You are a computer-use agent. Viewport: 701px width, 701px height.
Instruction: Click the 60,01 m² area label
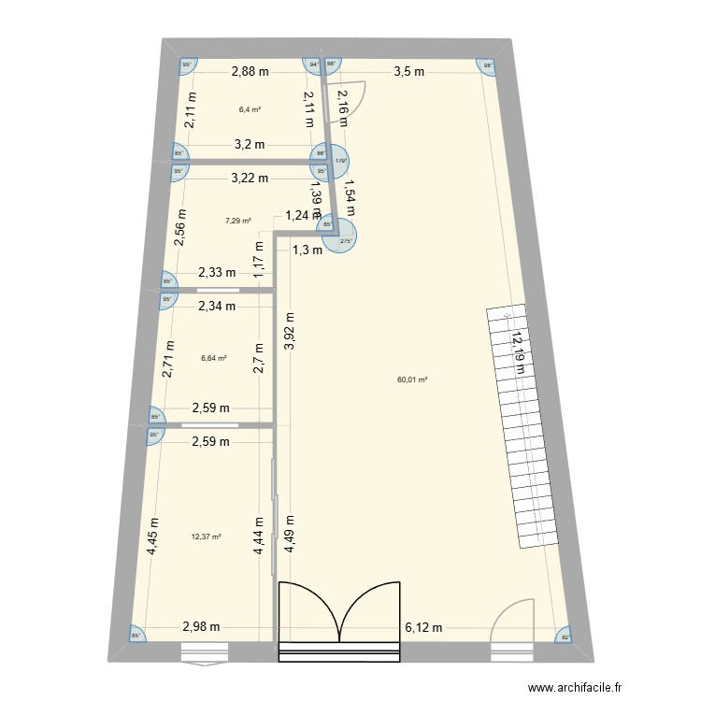(x=412, y=379)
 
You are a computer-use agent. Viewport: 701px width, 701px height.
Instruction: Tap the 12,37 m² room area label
(x=206, y=536)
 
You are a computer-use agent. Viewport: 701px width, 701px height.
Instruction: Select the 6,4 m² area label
(x=250, y=109)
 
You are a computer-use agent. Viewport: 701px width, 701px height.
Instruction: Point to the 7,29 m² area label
(x=238, y=222)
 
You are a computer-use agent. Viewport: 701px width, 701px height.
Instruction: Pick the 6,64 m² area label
(x=214, y=356)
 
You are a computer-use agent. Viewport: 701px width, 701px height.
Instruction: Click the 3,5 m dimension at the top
(x=408, y=71)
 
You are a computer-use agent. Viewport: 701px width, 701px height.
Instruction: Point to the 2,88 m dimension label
(x=250, y=71)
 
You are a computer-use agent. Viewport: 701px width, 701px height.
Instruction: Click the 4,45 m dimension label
(x=154, y=537)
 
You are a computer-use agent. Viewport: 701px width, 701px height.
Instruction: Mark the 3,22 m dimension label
(x=250, y=178)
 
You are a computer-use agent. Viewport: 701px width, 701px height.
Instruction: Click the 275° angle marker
(x=345, y=241)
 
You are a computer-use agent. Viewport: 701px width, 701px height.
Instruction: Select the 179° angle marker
(x=342, y=160)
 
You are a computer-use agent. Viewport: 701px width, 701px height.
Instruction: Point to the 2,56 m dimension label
(x=182, y=224)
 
